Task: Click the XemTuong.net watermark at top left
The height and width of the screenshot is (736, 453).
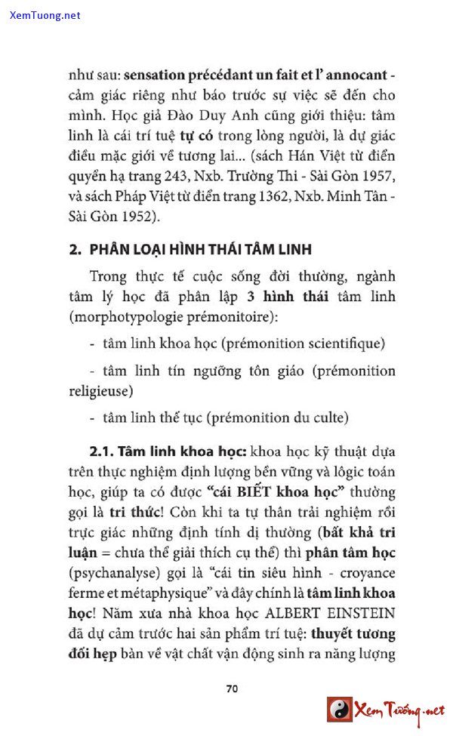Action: click(x=45, y=15)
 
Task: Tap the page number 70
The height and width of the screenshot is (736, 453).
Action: click(x=233, y=688)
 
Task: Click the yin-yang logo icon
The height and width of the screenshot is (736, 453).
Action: click(x=339, y=710)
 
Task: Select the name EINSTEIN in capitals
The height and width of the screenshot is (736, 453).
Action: click(x=358, y=611)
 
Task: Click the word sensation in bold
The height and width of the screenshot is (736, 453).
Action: click(x=154, y=76)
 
